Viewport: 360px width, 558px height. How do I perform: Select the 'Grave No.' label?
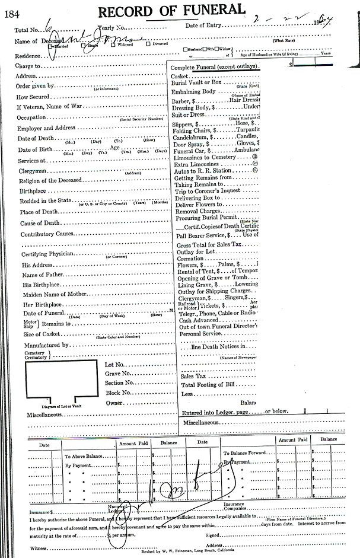pos(117,374)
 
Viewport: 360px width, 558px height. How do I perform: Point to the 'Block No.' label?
pos(117,393)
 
